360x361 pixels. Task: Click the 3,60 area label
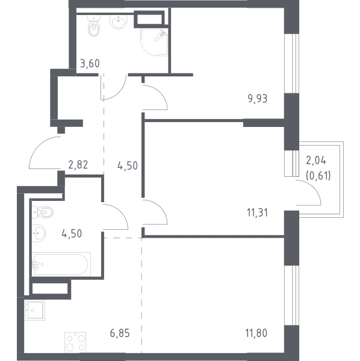coord(90,64)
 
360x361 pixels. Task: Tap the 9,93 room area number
coord(258,99)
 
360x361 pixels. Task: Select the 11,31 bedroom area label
coord(257,213)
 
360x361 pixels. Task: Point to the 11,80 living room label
coord(256,333)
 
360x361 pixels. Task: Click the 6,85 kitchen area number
coord(120,333)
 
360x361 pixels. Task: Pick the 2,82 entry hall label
coord(78,165)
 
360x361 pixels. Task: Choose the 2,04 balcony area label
coord(316,160)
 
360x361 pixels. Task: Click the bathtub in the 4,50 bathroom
coord(61,264)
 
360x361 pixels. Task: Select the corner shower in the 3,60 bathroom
coord(154,42)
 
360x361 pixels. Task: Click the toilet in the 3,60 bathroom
coord(94,26)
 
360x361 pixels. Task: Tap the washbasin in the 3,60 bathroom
coord(119,22)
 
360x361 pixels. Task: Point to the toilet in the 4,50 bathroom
coord(43,212)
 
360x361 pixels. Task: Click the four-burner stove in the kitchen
coord(75,342)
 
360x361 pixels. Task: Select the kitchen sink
coord(35,310)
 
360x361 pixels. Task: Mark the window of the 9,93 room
coord(291,64)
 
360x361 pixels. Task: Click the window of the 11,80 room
coord(291,295)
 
